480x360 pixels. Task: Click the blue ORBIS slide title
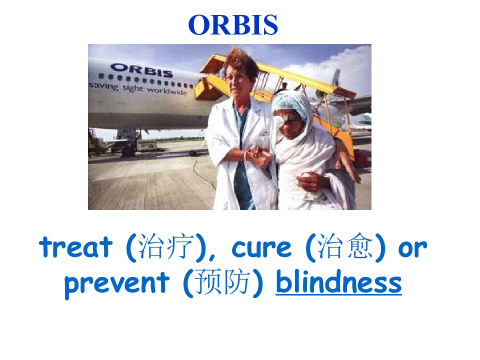(233, 25)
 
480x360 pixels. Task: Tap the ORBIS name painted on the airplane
(141, 70)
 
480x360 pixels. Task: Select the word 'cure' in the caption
(261, 248)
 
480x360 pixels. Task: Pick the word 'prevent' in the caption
(116, 283)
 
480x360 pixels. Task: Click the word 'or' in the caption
(412, 248)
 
